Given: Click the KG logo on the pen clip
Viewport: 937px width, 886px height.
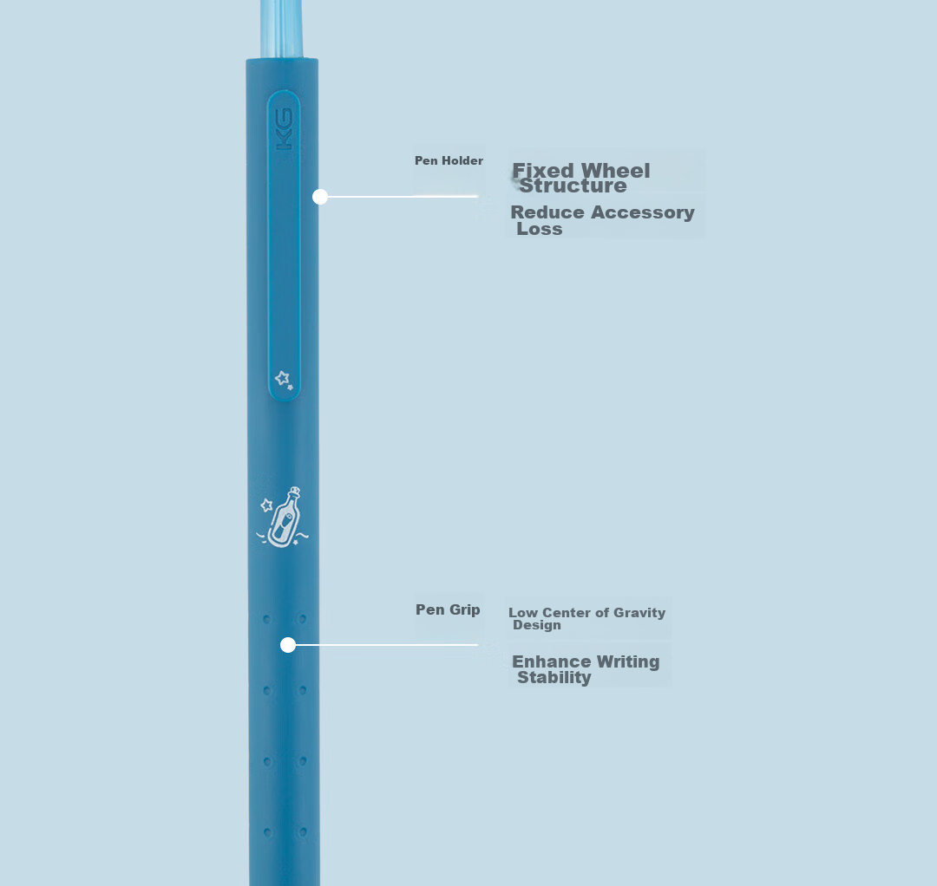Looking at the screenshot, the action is click(x=284, y=129).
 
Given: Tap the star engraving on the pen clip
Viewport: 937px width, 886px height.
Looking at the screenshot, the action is click(x=284, y=379).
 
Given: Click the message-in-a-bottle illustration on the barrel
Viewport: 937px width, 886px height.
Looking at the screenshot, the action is click(x=283, y=517).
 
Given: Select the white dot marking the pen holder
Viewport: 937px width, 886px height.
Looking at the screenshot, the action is click(x=320, y=197).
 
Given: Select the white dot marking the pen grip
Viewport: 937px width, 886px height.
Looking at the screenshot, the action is click(x=288, y=645).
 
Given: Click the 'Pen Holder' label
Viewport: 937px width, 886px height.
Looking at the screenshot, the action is click(x=449, y=160).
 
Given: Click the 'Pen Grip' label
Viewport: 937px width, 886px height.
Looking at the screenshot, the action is click(x=448, y=609).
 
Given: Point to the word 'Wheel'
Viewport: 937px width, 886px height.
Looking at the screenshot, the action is click(x=615, y=171).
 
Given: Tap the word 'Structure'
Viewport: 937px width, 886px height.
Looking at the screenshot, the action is click(x=573, y=186).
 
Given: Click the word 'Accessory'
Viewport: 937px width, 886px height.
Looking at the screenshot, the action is click(x=642, y=212).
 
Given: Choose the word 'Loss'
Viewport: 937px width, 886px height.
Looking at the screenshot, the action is click(x=540, y=229).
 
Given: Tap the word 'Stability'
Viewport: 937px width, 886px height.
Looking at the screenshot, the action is click(x=554, y=678).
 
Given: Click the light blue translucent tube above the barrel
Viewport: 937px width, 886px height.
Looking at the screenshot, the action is click(x=281, y=29).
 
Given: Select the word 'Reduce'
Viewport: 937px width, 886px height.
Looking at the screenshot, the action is click(x=547, y=212).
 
